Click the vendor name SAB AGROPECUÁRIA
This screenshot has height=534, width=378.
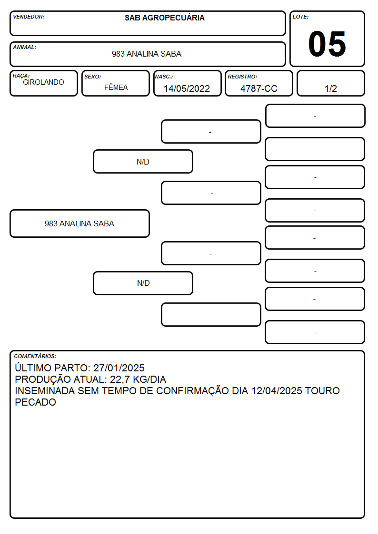pyautogui.click(x=164, y=18)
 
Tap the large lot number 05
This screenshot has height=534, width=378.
pyautogui.click(x=327, y=44)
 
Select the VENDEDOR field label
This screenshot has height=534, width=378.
pyautogui.click(x=29, y=17)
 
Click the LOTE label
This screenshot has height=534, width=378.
pyautogui.click(x=300, y=17)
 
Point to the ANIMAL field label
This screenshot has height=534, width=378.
pyautogui.click(x=25, y=48)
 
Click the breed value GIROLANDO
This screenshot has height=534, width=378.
pyautogui.click(x=43, y=82)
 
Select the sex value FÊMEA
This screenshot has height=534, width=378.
pyautogui.click(x=116, y=87)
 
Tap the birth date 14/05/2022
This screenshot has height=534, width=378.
pyautogui.click(x=187, y=88)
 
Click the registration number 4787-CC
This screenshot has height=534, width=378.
pyautogui.click(x=259, y=88)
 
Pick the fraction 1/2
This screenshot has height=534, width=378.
pyautogui.click(x=330, y=88)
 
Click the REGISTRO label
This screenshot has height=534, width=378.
pyautogui.click(x=242, y=77)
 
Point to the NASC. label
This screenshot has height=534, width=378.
pyautogui.click(x=164, y=77)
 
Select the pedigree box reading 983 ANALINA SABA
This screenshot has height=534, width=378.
pyautogui.click(x=80, y=223)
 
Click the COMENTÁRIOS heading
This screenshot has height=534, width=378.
pyautogui.click(x=35, y=356)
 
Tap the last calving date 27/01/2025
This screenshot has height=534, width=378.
pyautogui.click(x=119, y=368)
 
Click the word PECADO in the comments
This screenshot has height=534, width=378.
pyautogui.click(x=35, y=402)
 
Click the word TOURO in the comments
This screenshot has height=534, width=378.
pyautogui.click(x=322, y=390)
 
